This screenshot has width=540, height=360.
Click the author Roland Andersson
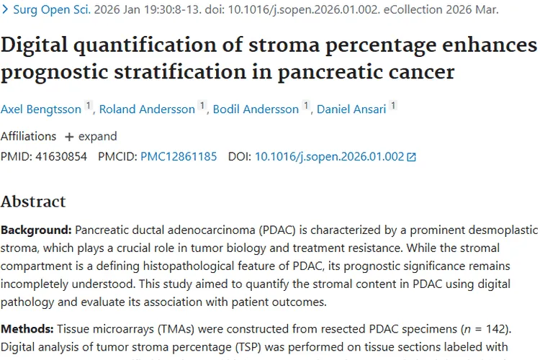[147, 109]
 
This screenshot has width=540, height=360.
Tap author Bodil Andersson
[255, 109]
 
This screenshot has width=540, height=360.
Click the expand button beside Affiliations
[91, 136]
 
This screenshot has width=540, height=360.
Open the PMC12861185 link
[179, 156]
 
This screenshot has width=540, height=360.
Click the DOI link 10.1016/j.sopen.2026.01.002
[329, 156]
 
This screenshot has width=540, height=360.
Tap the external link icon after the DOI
[411, 157]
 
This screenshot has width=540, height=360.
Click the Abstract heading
[33, 201]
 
